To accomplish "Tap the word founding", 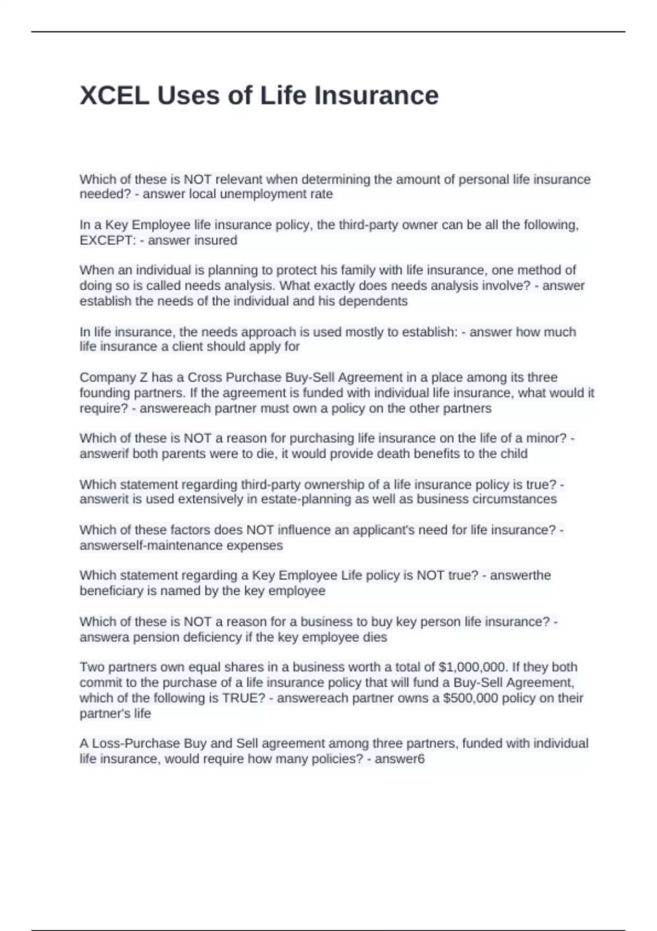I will coord(104,393).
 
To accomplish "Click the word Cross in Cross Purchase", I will coord(204,377).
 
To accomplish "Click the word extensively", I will coord(211,499).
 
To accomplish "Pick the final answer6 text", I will coord(399,759).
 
